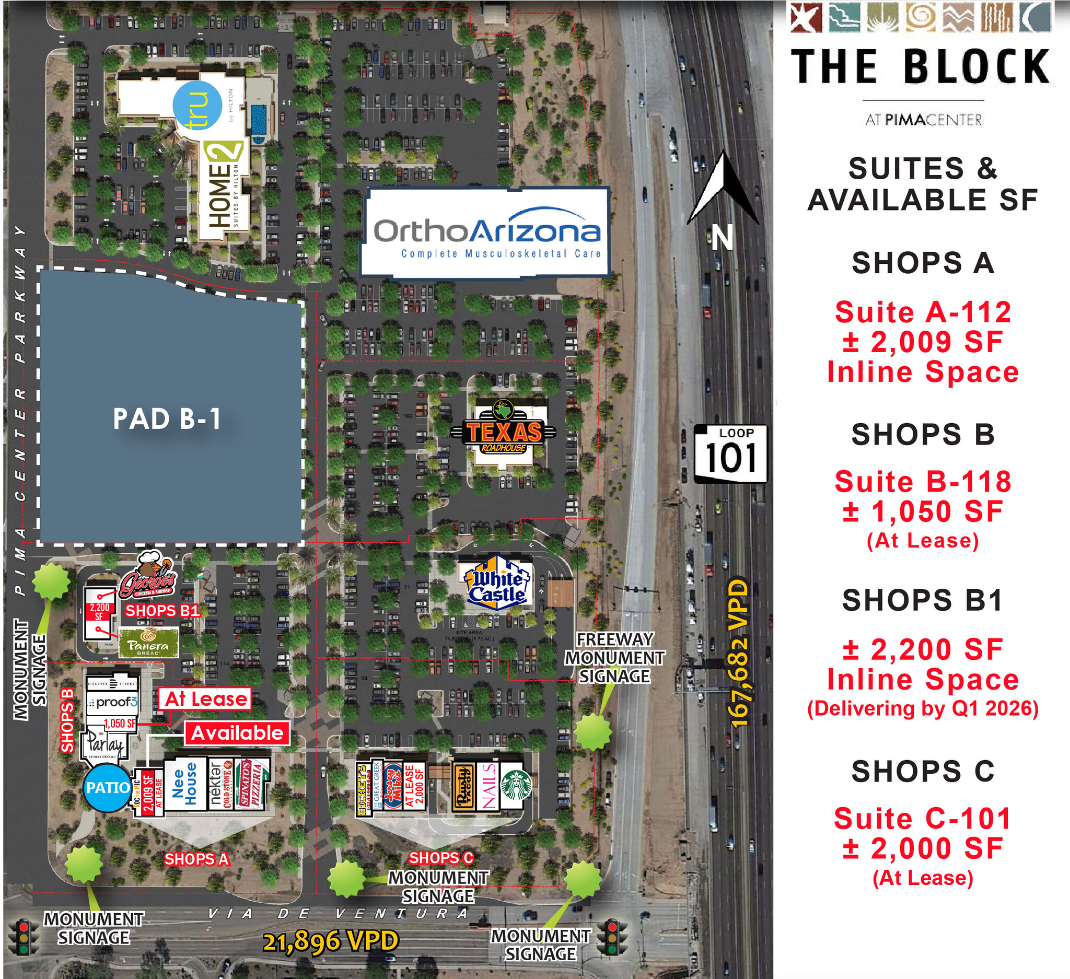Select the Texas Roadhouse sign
[x=503, y=432]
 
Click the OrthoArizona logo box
[x=486, y=232]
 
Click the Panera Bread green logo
[x=148, y=643]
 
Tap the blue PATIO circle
[x=108, y=787]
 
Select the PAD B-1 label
[x=167, y=419]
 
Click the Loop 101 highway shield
[x=731, y=453]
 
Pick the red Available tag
[x=237, y=733]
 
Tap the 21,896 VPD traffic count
[x=331, y=941]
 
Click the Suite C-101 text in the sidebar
[x=923, y=818]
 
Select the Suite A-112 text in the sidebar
[x=923, y=312]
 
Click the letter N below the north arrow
[x=723, y=237]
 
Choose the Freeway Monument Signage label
[x=614, y=657]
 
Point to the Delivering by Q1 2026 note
[x=923, y=709]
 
